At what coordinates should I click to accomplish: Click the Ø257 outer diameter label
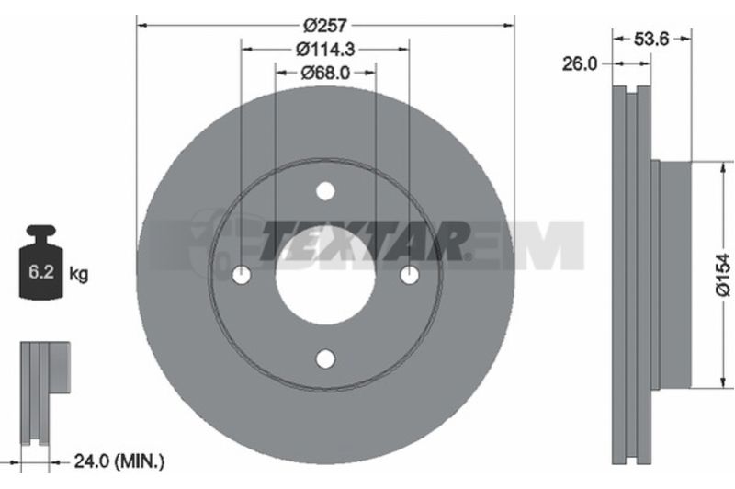325,25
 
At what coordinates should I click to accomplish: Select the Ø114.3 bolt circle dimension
325,49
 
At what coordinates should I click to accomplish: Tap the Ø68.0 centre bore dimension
325,73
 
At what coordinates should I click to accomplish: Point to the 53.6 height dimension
651,40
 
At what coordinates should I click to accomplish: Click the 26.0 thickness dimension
580,63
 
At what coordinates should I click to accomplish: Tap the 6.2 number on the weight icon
41,271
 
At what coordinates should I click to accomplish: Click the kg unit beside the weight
78,273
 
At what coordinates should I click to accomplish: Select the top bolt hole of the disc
325,191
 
